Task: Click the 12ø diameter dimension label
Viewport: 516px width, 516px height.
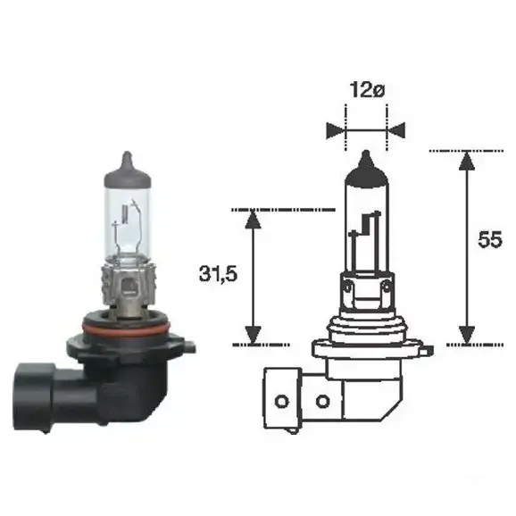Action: point(367,90)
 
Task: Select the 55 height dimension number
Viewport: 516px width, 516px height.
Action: point(490,239)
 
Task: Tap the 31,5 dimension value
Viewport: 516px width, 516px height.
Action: point(218,273)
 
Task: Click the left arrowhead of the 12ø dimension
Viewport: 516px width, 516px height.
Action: point(336,130)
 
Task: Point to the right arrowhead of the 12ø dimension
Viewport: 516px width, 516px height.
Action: point(396,130)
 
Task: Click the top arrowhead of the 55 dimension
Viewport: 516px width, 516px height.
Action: point(467,161)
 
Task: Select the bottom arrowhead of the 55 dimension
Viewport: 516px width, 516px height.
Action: point(467,335)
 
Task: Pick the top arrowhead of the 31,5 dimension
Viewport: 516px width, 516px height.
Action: point(253,220)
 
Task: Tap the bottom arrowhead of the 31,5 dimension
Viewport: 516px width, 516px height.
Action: point(253,336)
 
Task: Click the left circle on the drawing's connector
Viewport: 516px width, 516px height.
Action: point(282,402)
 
